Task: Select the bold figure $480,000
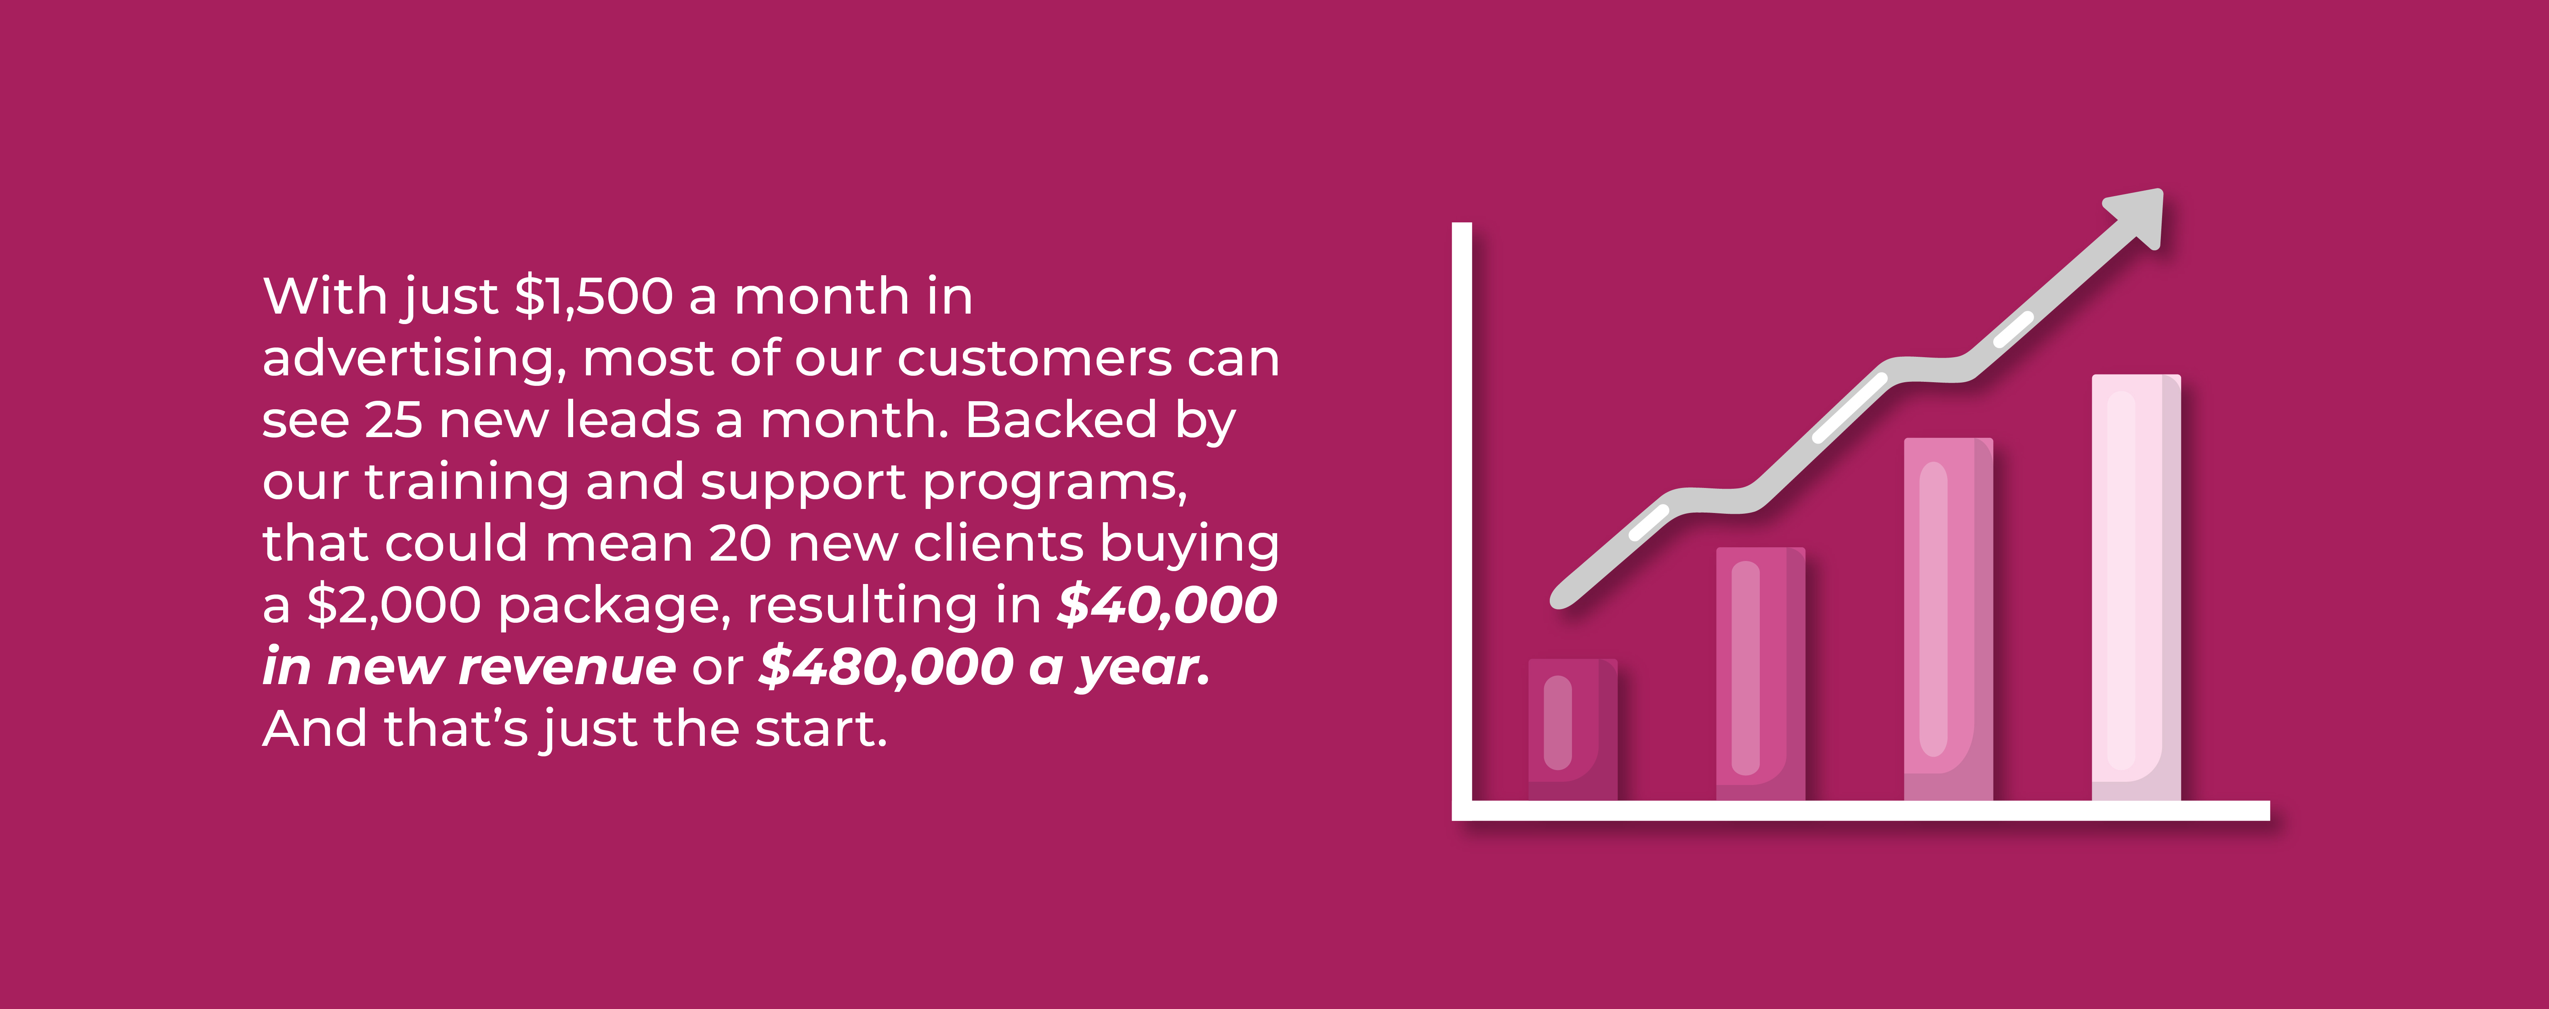coord(886,667)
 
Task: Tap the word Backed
coord(1060,419)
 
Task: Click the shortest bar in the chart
coord(1572,730)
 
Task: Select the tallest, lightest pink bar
coord(2135,588)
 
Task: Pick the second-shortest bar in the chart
coord(1760,674)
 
